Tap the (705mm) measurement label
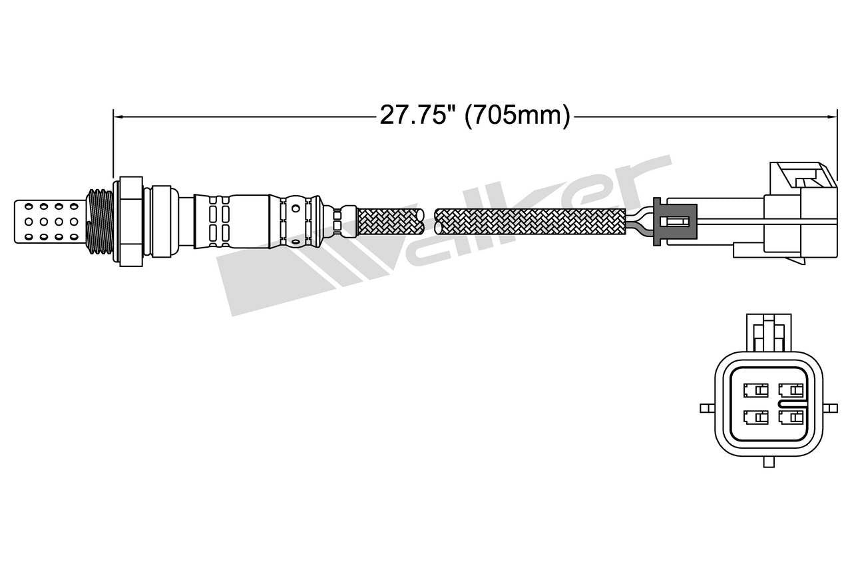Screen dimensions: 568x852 [517, 116]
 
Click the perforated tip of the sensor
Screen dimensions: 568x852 [50, 218]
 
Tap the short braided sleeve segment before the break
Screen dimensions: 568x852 [390, 221]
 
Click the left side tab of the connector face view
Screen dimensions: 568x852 [707, 406]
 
